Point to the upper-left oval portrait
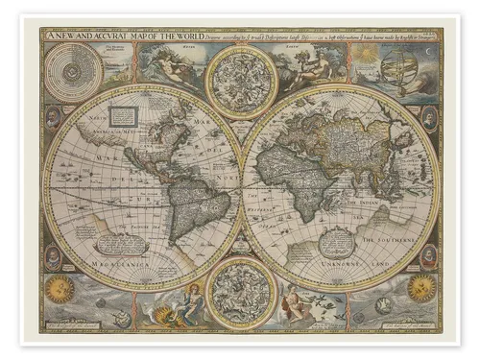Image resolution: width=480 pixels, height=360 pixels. tap(54, 117)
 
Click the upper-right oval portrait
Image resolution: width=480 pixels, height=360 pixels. tap(427, 118)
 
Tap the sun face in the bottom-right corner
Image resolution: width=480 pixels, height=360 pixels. tap(420, 287)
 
